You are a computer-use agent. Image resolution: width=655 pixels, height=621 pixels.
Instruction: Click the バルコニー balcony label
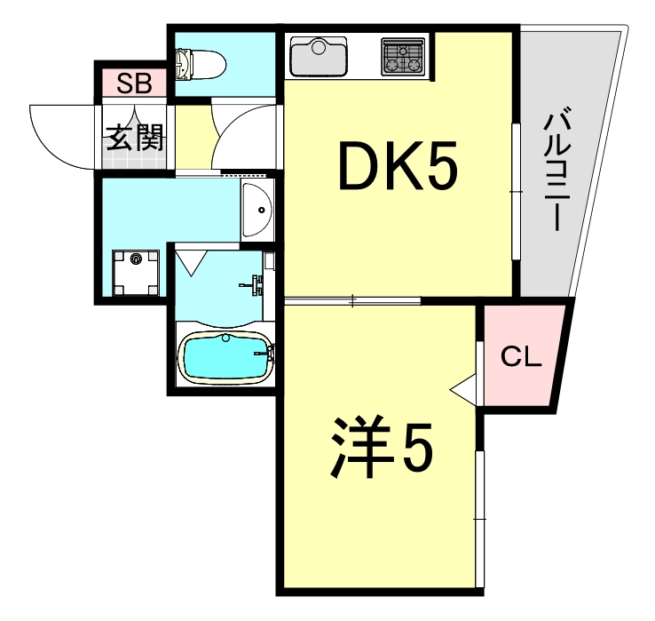point(556,169)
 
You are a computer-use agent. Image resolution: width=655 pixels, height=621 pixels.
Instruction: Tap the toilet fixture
point(199,63)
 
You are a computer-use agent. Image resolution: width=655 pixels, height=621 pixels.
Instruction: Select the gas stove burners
point(405,57)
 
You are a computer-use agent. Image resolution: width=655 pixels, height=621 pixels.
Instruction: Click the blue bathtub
point(225,356)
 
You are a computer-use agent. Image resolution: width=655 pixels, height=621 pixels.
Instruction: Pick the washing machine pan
point(136,270)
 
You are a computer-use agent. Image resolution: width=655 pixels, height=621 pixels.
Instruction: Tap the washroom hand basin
point(256,211)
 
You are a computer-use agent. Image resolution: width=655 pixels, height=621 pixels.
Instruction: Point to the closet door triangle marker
point(463,389)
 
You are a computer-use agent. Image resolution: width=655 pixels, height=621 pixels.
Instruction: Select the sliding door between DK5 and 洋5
point(353,301)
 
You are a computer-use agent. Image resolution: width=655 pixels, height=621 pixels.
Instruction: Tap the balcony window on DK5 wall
point(516,191)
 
